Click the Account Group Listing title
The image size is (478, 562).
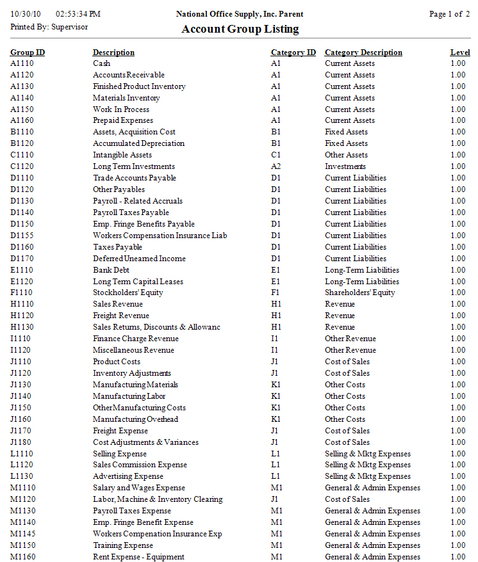[240, 29]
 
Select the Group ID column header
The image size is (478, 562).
[28, 52]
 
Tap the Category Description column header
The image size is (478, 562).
[363, 52]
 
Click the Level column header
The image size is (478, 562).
[460, 52]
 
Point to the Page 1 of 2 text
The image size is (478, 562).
[445, 14]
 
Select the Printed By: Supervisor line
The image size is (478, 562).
[49, 27]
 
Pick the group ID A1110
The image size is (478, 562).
[22, 63]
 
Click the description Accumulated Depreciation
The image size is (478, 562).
[138, 143]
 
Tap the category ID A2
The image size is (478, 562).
[276, 166]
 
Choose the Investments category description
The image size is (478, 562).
[345, 166]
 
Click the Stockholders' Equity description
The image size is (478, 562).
[128, 293]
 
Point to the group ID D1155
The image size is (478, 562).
[22, 236]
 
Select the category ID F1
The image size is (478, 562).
[276, 293]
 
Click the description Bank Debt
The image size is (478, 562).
[112, 270]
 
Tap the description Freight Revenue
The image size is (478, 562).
[121, 316]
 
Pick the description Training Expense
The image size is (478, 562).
[123, 545]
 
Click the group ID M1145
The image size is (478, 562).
[24, 534]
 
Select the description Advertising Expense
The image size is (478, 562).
[128, 476]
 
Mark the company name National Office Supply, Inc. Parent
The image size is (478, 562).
[239, 14]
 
